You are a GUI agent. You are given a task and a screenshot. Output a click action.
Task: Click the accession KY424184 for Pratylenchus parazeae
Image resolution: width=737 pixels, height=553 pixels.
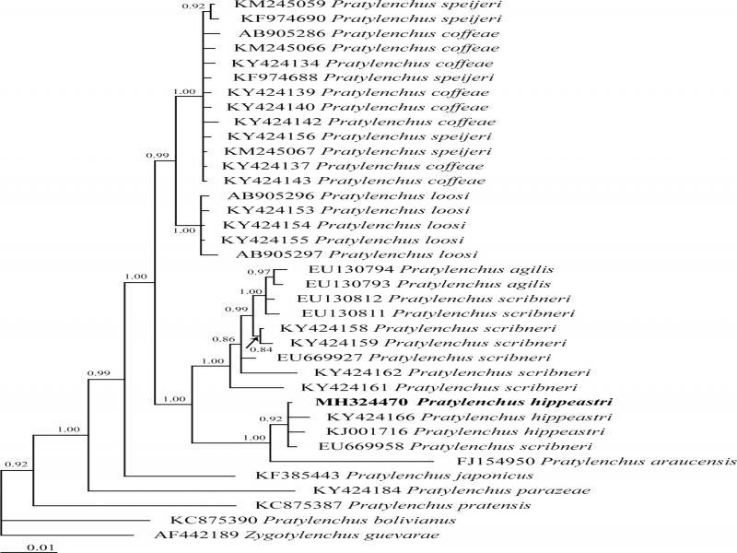pos(352,490)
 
